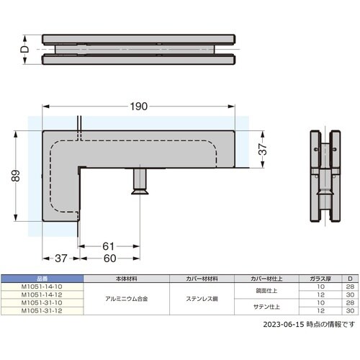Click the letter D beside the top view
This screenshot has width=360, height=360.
pyautogui.click(x=23, y=49)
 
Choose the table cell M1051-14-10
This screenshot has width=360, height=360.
pyautogui.click(x=42, y=286)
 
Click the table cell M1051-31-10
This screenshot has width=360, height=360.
pyautogui.click(x=42, y=302)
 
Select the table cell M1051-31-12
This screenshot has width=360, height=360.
pyautogui.click(x=42, y=310)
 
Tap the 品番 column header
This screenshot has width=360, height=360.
pyautogui.click(x=42, y=278)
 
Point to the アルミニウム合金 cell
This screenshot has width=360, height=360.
pyautogui.click(x=126, y=298)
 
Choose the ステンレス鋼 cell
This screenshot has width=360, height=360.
pyautogui.click(x=201, y=298)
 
